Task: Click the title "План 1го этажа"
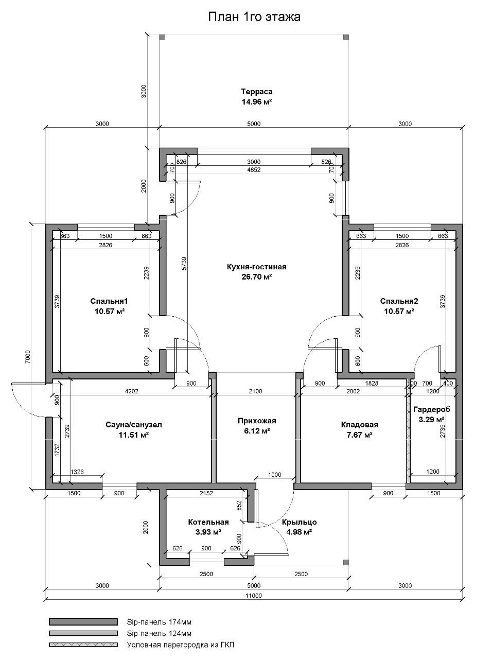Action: point(254,17)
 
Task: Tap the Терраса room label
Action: point(257,91)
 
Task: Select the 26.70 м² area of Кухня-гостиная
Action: point(256,276)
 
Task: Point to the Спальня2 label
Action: point(399,301)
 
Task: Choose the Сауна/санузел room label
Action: point(134,425)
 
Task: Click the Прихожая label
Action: point(257,421)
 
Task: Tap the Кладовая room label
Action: point(359,425)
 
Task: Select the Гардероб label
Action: point(432,409)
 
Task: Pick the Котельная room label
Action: point(208,522)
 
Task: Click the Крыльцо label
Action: point(299,522)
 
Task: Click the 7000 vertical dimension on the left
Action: point(28,357)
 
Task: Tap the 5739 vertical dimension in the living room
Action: point(184,263)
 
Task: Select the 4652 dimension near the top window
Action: point(254,169)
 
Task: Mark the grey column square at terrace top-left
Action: point(162,37)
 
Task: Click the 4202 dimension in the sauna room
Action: point(131,391)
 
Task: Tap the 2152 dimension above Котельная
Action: point(206,493)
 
